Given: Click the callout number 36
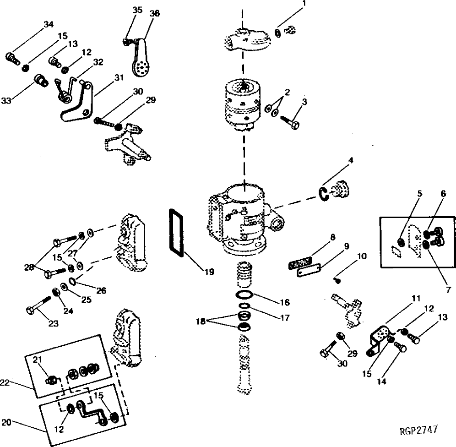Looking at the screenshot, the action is [x=155, y=14].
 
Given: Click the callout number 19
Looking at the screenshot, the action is [x=209, y=272].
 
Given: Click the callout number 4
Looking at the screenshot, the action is [x=350, y=161].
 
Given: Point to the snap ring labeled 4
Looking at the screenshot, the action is [x=324, y=194].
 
